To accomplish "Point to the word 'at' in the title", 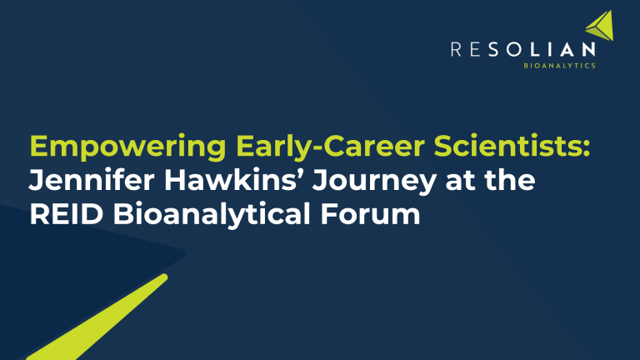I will tap(444, 181).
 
